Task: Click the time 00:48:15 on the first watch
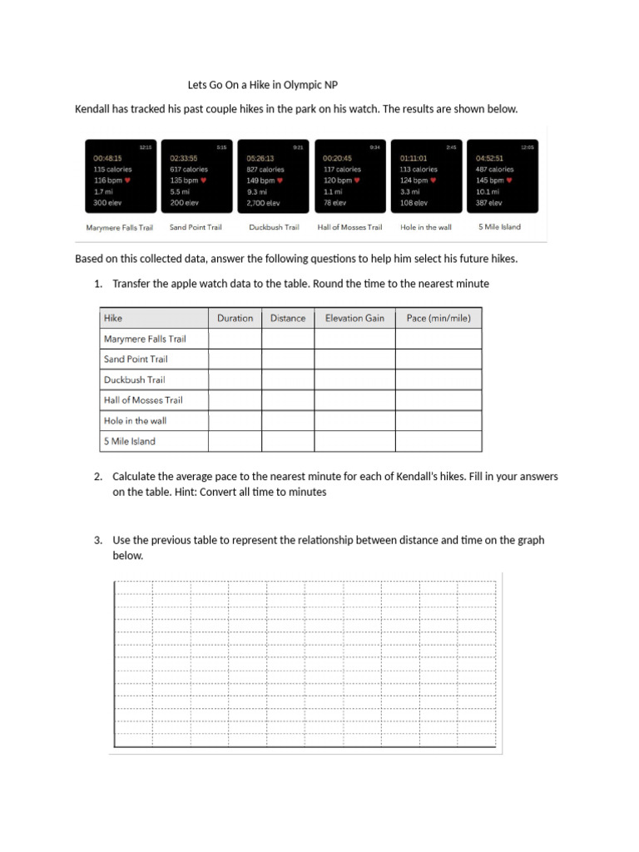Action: [107, 158]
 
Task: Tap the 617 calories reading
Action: [189, 169]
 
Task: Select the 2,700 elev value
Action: [263, 202]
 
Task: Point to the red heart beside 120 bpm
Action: [357, 180]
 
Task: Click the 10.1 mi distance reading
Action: [488, 191]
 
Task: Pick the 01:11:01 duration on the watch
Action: [414, 158]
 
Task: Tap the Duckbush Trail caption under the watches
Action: [274, 227]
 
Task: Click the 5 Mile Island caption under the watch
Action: [499, 226]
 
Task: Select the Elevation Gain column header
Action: [354, 318]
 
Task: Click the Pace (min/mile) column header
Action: [438, 318]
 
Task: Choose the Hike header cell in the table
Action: [113, 318]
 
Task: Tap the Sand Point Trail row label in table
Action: [136, 359]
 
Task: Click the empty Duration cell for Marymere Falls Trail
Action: [235, 339]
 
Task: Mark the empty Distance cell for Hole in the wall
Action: [288, 420]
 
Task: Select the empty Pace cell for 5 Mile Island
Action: [438, 441]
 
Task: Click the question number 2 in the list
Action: [97, 477]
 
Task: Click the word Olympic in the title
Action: [303, 85]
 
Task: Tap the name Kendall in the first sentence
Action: [93, 109]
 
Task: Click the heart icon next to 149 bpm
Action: [280, 180]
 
